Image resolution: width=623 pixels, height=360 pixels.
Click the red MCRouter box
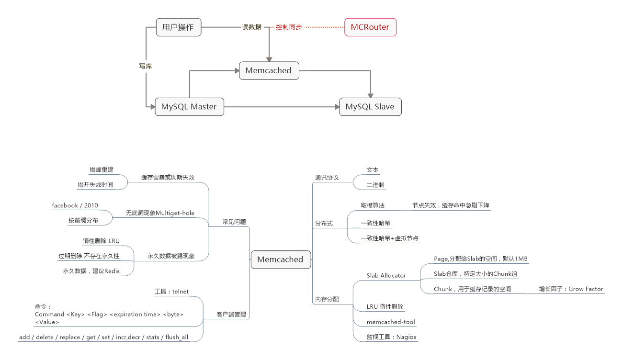[370, 27]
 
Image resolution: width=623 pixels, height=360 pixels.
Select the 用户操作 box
[178, 27]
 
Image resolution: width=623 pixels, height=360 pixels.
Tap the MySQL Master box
[189, 107]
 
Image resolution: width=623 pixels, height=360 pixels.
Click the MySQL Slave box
[370, 107]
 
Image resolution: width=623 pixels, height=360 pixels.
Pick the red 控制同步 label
[289, 27]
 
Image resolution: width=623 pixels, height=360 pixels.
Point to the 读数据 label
[251, 27]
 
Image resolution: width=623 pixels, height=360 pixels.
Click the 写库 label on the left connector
[145, 67]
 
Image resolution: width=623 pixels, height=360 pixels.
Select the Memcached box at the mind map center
[280, 259]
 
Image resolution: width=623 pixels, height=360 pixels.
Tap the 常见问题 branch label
[234, 222]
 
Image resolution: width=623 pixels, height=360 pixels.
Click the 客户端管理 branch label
[231, 315]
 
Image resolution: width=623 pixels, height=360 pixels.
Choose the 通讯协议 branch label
[327, 178]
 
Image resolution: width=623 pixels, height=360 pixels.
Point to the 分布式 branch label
[324, 224]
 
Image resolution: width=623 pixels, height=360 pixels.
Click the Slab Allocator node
[386, 276]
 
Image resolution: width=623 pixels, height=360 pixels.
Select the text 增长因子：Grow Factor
[571, 289]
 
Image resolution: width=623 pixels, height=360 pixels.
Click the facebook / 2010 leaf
[75, 206]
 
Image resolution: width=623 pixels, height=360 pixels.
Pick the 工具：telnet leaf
[171, 292]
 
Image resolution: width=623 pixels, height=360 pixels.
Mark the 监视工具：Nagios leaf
[391, 337]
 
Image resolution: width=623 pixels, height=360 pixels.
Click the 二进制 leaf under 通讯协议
[375, 185]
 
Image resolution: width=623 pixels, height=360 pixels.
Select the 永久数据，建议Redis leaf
[91, 271]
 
